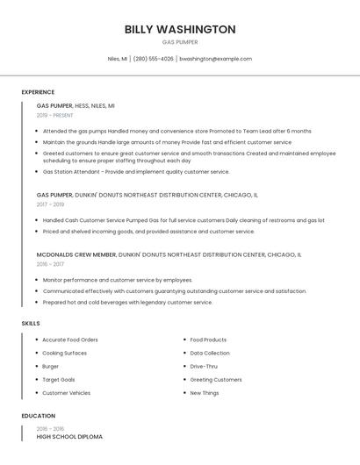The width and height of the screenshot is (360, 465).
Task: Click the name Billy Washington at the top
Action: (x=180, y=29)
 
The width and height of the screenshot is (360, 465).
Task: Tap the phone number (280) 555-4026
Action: (x=154, y=59)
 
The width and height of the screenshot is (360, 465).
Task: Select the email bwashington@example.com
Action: (x=215, y=59)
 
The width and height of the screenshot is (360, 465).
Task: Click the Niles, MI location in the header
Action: (x=118, y=59)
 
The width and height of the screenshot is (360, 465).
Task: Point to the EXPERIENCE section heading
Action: (x=38, y=92)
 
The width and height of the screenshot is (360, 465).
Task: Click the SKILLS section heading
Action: (x=31, y=324)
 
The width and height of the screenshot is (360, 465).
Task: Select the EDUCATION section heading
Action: (x=39, y=416)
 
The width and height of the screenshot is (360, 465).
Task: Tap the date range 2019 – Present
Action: (x=54, y=115)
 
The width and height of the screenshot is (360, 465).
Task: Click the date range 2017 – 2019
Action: (x=50, y=204)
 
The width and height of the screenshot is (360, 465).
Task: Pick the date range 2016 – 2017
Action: (x=50, y=264)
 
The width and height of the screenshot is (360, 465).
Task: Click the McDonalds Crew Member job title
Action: (x=76, y=254)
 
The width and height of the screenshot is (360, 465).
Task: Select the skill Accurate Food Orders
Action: (x=70, y=340)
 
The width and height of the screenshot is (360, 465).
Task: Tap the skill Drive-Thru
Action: (x=204, y=366)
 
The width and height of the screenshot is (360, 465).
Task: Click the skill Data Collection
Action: (x=210, y=353)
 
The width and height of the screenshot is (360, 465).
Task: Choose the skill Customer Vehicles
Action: (x=67, y=393)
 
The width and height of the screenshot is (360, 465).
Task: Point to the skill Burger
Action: (x=51, y=366)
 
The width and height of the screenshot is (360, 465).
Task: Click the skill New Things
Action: (x=205, y=393)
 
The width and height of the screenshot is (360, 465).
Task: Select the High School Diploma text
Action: (x=69, y=436)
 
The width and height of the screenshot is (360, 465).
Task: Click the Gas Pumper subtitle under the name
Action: (x=180, y=42)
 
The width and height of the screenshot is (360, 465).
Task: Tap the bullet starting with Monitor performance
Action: (x=118, y=280)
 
